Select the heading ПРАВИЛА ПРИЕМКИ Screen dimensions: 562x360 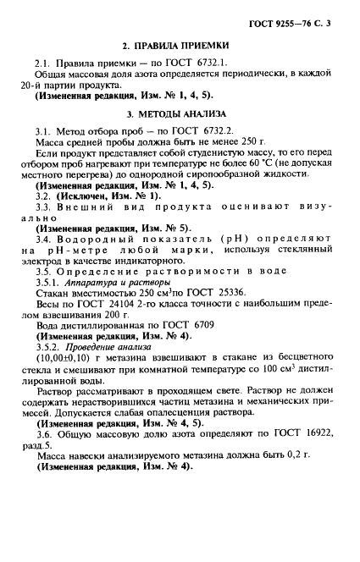click(183, 44)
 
